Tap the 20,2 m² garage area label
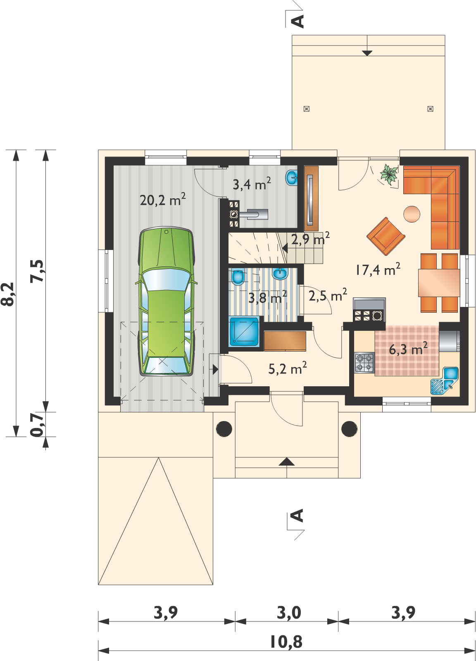click(x=163, y=200)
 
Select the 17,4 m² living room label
click(x=377, y=269)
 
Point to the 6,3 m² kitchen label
click(x=408, y=349)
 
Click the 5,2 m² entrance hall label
click(x=288, y=368)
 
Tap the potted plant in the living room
click(x=389, y=175)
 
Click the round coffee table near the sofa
click(x=412, y=214)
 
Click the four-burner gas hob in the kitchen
click(x=364, y=363)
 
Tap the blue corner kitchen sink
click(x=444, y=381)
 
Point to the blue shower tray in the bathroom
click(x=244, y=332)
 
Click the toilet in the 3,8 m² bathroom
click(x=237, y=276)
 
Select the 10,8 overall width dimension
click(x=286, y=642)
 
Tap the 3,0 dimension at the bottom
click(x=289, y=613)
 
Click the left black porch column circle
click(x=224, y=428)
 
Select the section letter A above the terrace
click(x=298, y=21)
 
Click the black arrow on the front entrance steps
click(x=286, y=462)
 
